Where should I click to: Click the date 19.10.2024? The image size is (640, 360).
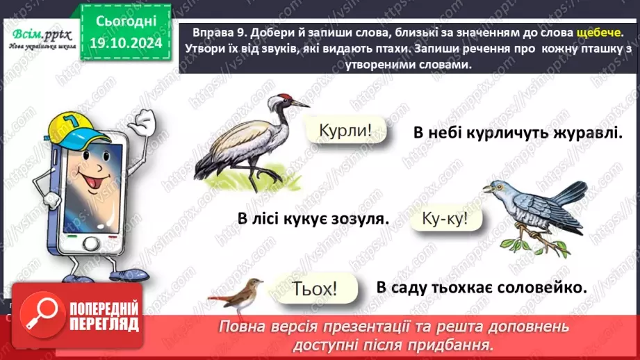(126, 43)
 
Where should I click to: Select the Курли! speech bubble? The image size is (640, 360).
(342, 129)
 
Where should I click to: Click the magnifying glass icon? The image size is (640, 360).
(39, 314)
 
